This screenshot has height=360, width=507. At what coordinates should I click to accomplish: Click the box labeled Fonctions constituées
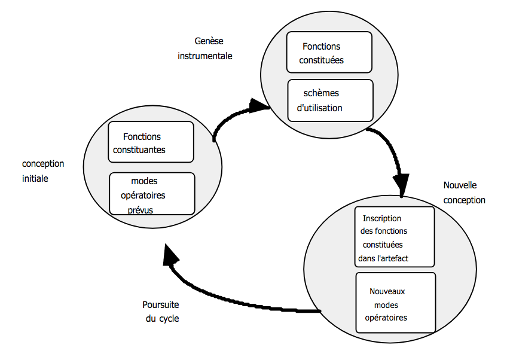[x=329, y=53]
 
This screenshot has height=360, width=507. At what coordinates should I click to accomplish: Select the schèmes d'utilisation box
[x=330, y=100]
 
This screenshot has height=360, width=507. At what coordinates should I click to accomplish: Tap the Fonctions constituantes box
[x=151, y=142]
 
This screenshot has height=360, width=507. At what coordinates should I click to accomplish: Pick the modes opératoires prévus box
[x=152, y=193]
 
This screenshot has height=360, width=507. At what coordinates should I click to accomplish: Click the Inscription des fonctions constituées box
[x=394, y=236]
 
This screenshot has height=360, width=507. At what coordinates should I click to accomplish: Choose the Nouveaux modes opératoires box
[x=395, y=302]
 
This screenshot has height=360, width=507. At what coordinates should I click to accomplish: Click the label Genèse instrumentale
[x=204, y=48]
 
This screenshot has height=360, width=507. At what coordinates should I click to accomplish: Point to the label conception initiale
[x=43, y=170]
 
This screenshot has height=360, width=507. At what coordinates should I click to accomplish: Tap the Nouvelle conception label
[x=464, y=193]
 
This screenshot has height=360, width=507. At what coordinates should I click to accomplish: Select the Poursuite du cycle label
[x=161, y=312]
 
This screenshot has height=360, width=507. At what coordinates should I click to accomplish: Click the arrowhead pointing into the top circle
[x=259, y=105]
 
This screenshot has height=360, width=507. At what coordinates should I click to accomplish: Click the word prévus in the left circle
[x=141, y=210]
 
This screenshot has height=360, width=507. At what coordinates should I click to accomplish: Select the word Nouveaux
[x=387, y=291]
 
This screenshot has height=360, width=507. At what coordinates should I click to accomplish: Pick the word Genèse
[x=209, y=41]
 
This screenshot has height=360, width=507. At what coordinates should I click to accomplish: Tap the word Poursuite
[x=161, y=304]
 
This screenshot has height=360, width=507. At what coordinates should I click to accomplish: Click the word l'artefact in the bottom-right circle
[x=402, y=258]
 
